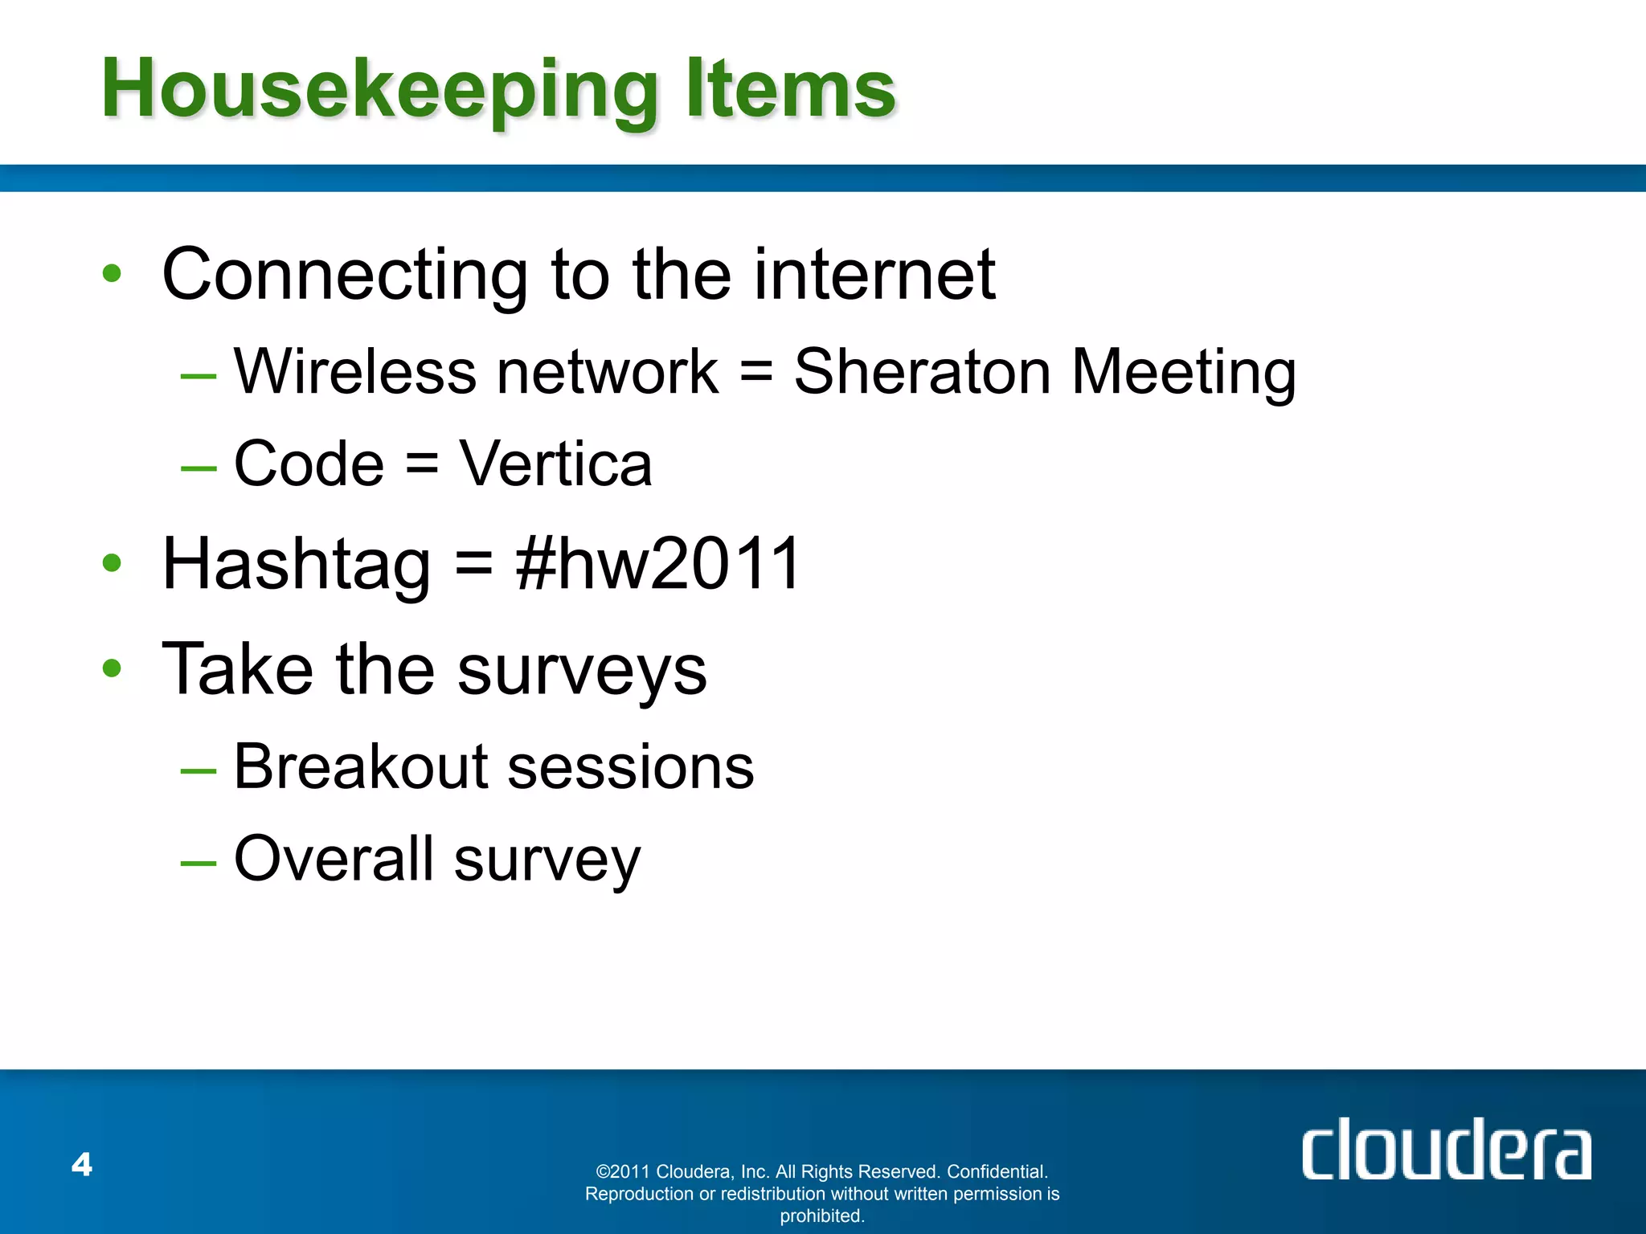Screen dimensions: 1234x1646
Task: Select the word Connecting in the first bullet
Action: (x=345, y=276)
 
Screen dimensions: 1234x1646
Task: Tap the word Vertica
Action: (x=555, y=464)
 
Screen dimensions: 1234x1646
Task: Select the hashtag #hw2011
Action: (x=658, y=564)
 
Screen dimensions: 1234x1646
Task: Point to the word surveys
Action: (x=582, y=671)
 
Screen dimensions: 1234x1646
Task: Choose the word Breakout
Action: (x=361, y=766)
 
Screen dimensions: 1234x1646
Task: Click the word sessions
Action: (x=631, y=768)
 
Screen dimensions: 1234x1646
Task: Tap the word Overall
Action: (x=334, y=859)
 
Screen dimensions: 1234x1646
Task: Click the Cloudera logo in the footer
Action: (x=1446, y=1150)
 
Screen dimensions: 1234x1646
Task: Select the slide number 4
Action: (x=82, y=1164)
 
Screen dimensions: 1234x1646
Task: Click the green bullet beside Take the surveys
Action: (x=112, y=668)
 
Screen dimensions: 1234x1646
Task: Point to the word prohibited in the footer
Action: (x=821, y=1216)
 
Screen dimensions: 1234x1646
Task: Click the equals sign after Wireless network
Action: (x=755, y=374)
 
